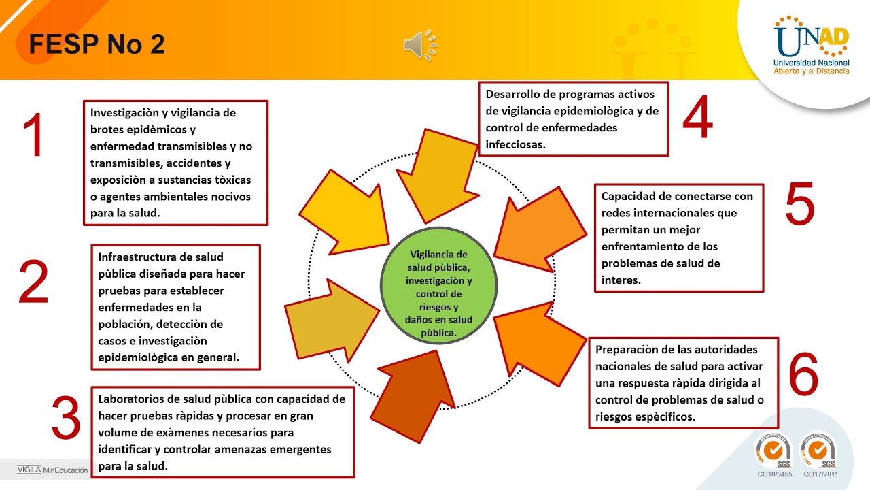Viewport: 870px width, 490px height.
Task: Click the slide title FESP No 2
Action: [x=97, y=45]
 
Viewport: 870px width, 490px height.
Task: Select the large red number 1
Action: [x=33, y=136]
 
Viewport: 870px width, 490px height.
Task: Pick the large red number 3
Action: [x=67, y=419]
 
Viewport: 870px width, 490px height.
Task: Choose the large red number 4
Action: [x=697, y=118]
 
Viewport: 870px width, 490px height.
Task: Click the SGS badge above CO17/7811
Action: [x=817, y=451]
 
